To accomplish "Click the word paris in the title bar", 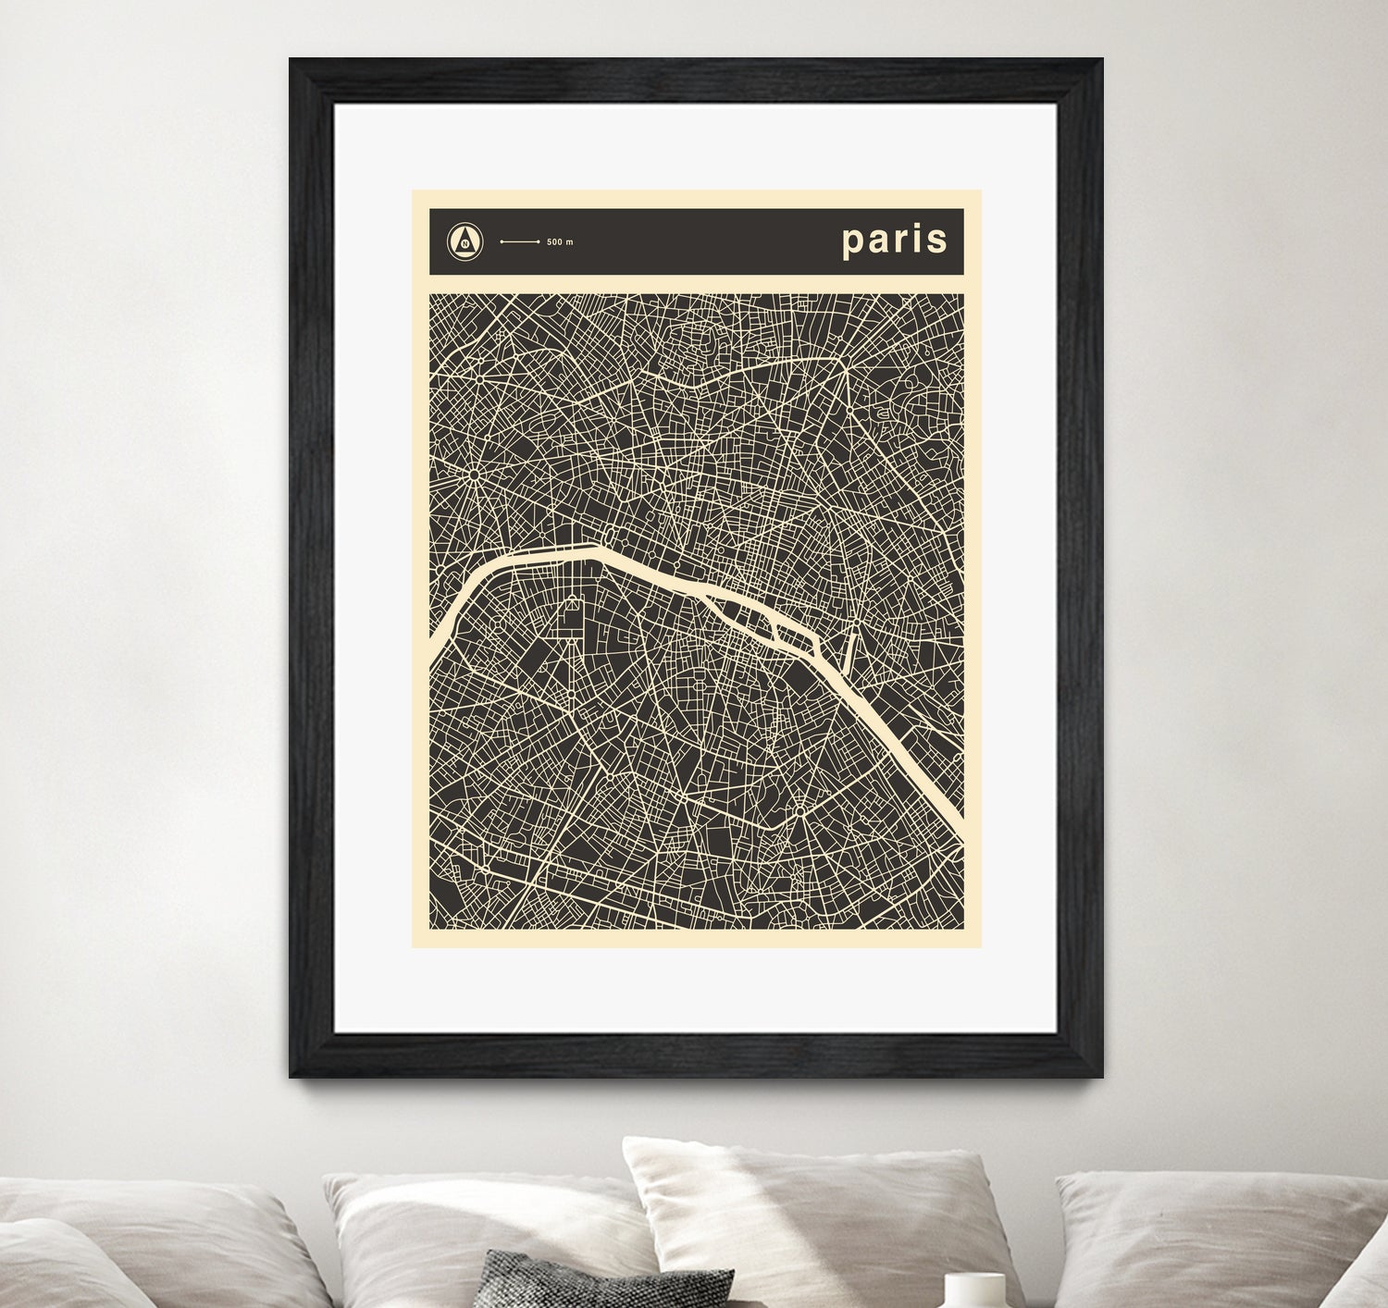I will point(894,241).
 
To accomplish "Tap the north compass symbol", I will point(465,241).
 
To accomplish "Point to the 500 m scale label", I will point(560,242).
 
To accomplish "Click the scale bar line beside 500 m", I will point(520,242).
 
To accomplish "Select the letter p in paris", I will point(852,242).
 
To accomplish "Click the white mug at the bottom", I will point(974,1289).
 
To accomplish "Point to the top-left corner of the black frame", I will point(291,60).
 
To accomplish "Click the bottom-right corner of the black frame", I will point(1100,1075).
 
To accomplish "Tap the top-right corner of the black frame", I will point(1100,60).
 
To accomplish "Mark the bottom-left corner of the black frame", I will point(291,1075).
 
